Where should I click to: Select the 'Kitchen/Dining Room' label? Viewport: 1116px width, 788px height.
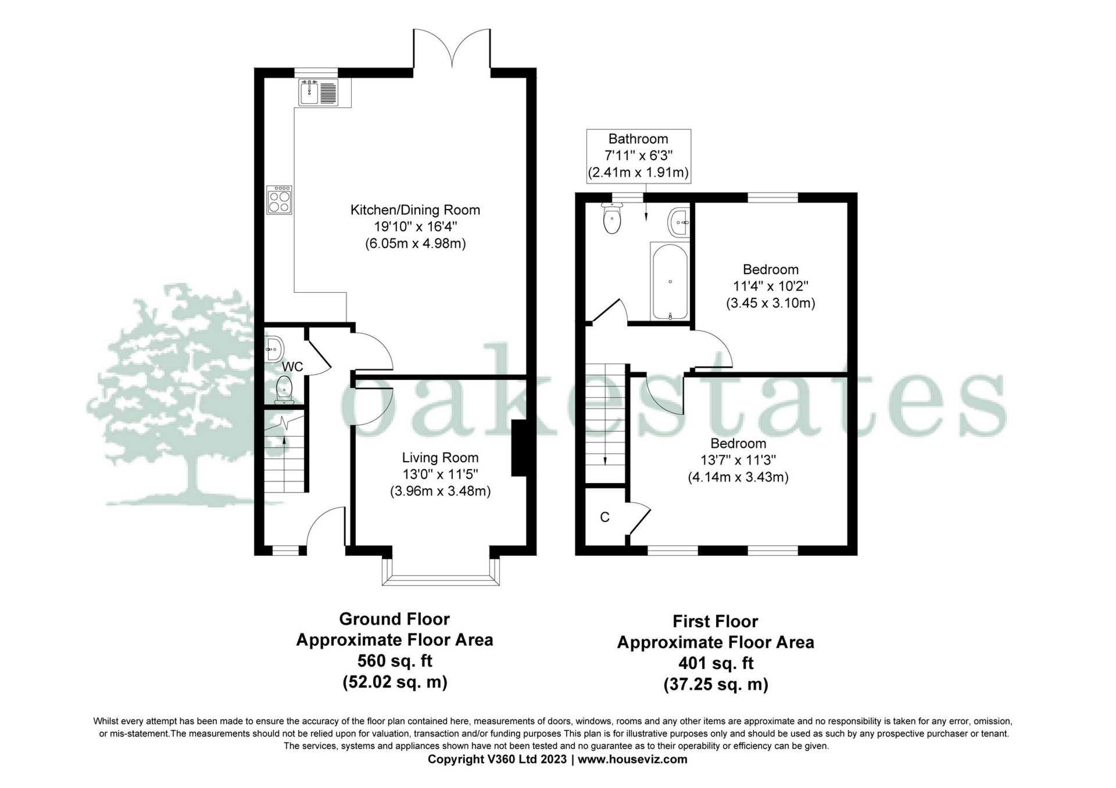[x=415, y=210]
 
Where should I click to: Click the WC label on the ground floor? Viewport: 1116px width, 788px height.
[x=292, y=367]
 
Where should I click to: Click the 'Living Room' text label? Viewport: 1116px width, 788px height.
[x=441, y=458]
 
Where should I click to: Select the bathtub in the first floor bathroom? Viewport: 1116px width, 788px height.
[x=669, y=280]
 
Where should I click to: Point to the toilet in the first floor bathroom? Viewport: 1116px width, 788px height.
[x=611, y=219]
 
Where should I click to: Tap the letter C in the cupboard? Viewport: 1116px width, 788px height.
[x=604, y=517]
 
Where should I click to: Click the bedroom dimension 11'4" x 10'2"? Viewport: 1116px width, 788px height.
[x=771, y=286]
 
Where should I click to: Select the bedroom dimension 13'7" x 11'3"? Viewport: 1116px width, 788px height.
[x=738, y=460]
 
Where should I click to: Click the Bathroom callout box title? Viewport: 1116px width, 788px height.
[x=638, y=139]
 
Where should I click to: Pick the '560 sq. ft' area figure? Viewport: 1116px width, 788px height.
[x=395, y=661]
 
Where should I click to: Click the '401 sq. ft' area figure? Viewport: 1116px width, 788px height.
[x=716, y=663]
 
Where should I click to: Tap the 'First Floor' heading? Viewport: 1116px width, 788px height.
[x=716, y=621]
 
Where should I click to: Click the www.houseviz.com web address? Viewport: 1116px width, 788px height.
[x=633, y=759]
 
